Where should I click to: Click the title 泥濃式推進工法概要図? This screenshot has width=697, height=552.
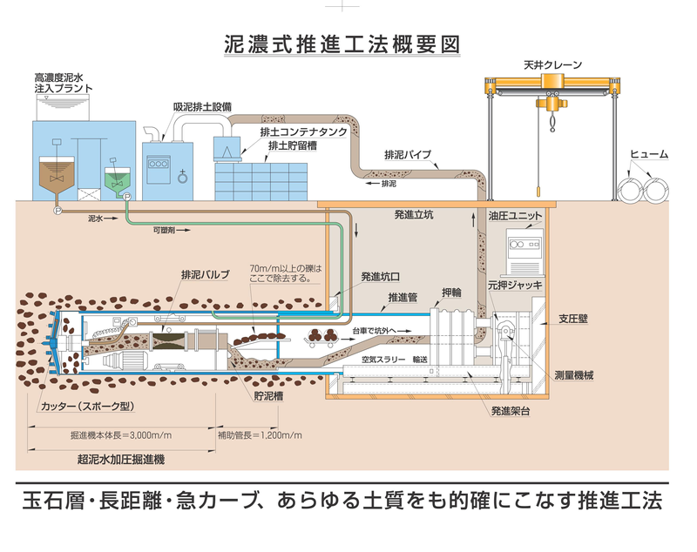[x=342, y=42]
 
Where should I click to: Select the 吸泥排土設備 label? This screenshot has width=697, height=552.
[x=202, y=106]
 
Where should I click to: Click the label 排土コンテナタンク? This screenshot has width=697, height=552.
[x=304, y=131]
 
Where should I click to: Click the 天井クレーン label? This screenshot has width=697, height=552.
[x=553, y=64]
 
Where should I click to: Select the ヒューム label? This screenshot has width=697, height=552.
[x=649, y=154]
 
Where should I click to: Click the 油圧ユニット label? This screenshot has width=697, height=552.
[x=516, y=214]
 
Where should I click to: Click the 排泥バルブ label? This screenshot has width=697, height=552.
[x=206, y=274]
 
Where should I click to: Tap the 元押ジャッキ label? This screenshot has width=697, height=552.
[x=515, y=284]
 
